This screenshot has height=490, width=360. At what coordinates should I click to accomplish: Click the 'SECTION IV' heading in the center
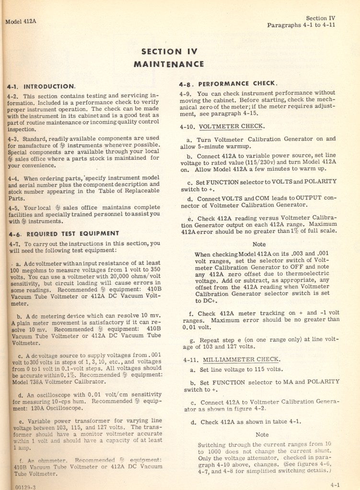tap(169, 52)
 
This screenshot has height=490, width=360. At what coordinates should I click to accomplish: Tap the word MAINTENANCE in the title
tap(168, 64)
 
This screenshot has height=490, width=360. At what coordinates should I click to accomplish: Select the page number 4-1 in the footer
tap(335, 485)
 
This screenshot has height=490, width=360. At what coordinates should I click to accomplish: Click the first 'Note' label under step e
tap(259, 244)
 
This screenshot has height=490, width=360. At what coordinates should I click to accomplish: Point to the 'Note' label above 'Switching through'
tap(262, 434)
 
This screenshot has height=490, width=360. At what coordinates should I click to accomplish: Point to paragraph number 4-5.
tap(15, 208)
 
